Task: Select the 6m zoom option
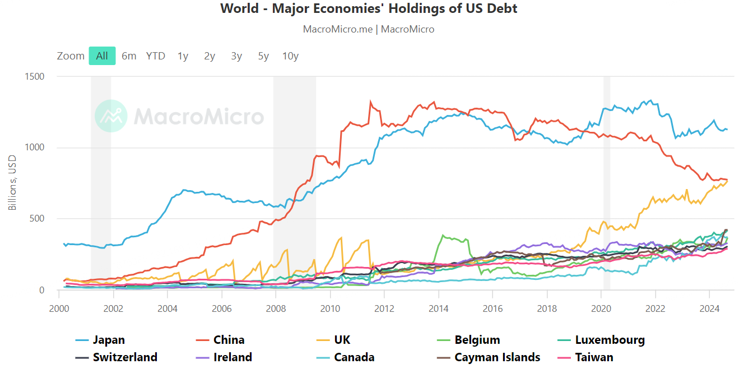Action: click(x=129, y=56)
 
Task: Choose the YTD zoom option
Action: click(x=156, y=56)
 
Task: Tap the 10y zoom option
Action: click(x=290, y=56)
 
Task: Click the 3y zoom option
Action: click(x=236, y=56)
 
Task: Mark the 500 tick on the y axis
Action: click(x=36, y=219)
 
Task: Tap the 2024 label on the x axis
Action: click(x=709, y=308)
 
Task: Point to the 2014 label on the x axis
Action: click(x=438, y=308)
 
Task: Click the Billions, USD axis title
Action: click(x=12, y=183)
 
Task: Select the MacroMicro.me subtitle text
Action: click(x=337, y=29)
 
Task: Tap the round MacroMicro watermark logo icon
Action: click(x=111, y=116)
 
